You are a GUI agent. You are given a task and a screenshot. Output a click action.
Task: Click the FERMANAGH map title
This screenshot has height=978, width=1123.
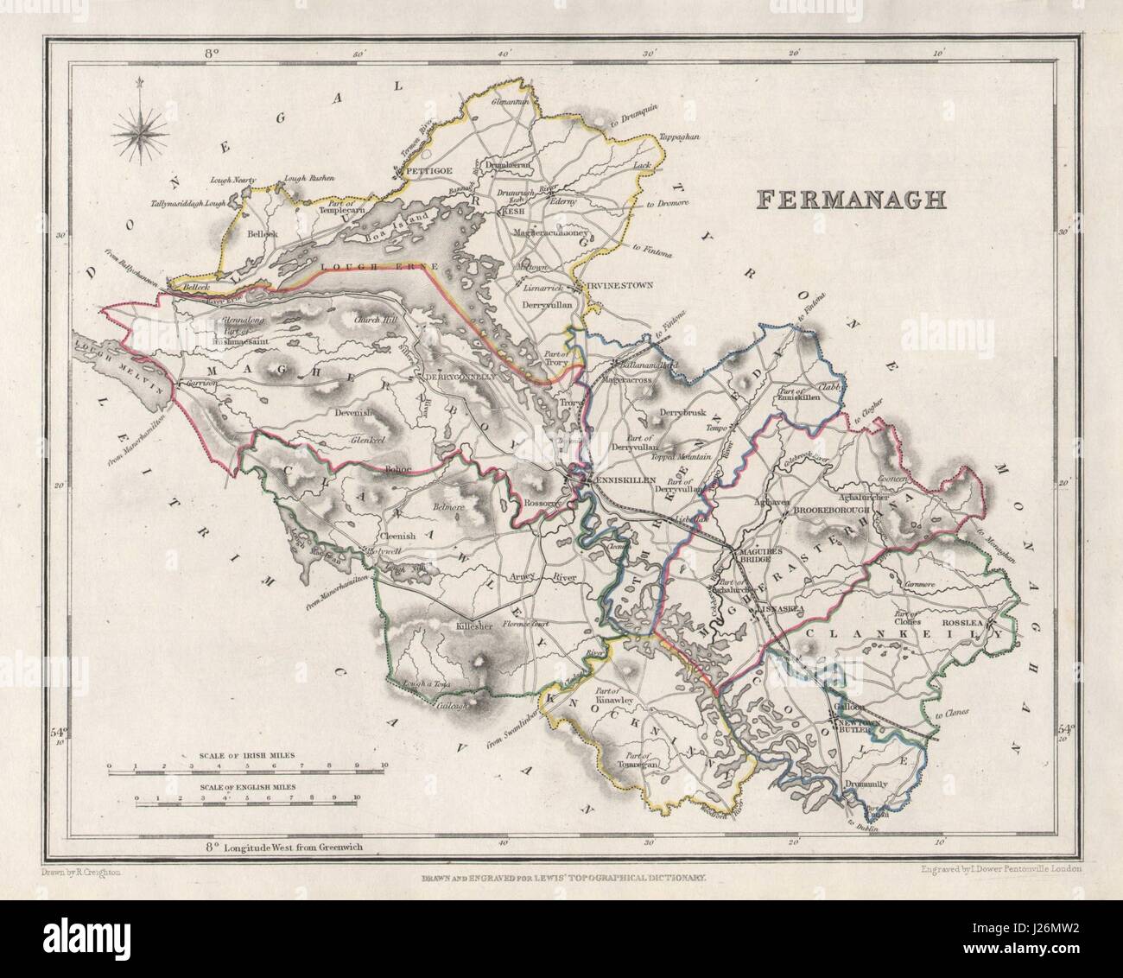point(851,199)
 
